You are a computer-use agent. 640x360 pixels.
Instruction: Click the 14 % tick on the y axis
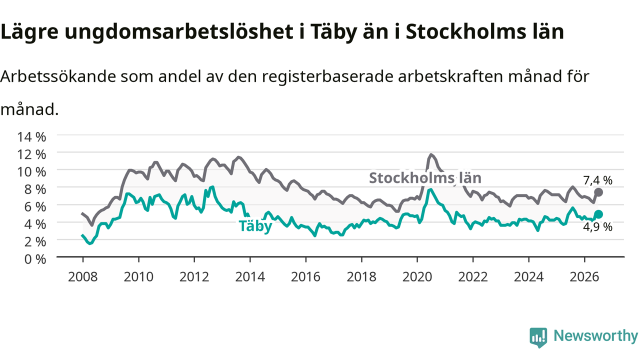[x=31, y=137]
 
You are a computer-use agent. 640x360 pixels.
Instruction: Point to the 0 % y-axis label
[x=35, y=259]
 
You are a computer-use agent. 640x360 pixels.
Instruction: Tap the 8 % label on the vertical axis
[x=35, y=189]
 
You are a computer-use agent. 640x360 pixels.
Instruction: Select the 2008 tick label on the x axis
[x=83, y=276]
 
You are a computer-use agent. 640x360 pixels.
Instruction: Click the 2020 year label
[x=417, y=276]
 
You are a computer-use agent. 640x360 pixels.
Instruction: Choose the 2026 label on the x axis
[x=584, y=276]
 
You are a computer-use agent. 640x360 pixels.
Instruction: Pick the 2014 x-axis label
[x=250, y=276]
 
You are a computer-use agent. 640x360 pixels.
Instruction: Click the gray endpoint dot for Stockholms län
[x=598, y=192]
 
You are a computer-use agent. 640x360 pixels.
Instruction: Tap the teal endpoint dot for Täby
[x=598, y=214]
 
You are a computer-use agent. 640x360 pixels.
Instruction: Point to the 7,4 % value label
[x=597, y=180]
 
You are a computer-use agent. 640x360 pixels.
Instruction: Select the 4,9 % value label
[x=597, y=227]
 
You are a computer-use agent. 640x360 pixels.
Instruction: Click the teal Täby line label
[x=255, y=226]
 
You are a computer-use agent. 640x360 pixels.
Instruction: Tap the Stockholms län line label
[x=425, y=177]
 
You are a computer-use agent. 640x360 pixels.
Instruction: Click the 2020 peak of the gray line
[x=431, y=155]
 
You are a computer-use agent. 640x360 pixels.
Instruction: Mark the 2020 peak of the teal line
[x=430, y=189]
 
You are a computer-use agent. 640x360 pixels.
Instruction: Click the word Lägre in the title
[x=29, y=32]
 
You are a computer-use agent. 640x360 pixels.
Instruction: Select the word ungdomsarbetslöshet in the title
[x=179, y=32]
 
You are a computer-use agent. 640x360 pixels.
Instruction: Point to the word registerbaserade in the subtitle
[x=327, y=77]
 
